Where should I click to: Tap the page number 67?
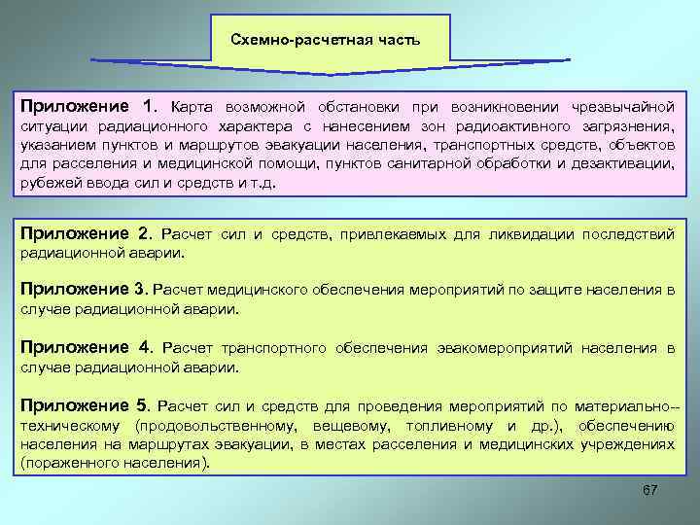point(650,489)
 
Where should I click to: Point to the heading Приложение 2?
point(87,233)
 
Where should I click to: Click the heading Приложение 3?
point(87,289)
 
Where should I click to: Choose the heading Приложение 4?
point(87,346)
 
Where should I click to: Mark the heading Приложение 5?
point(87,404)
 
